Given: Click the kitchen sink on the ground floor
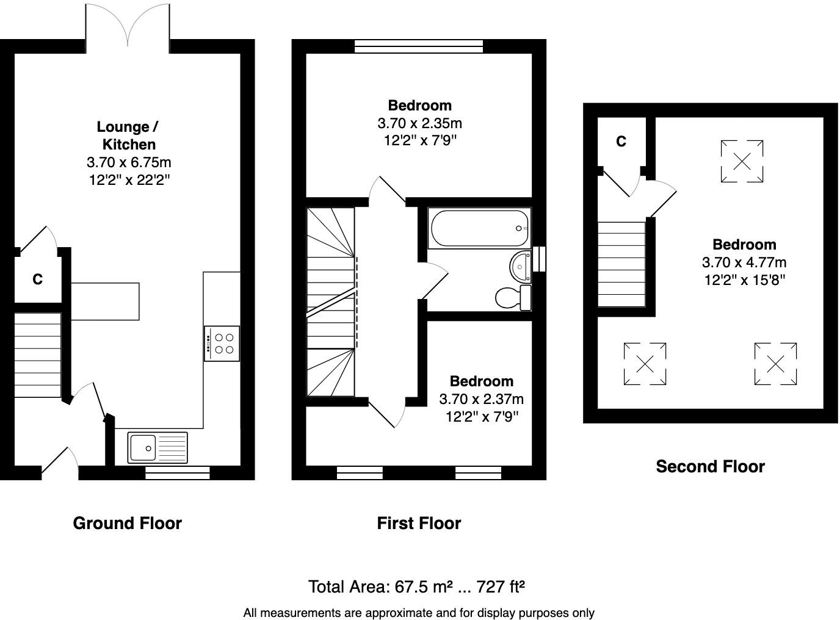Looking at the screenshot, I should point(157,447).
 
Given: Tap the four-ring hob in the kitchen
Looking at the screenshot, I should point(222,344).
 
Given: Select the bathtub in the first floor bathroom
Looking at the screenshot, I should point(479,229).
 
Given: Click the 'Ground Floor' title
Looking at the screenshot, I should point(127,523).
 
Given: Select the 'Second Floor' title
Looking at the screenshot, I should point(710,466).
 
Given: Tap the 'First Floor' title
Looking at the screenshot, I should point(419,523).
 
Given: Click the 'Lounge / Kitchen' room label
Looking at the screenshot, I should point(128,135).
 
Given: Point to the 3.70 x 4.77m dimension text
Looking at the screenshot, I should point(744,262).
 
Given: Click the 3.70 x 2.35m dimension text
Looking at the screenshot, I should point(420,123).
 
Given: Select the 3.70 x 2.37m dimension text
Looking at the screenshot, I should point(481,399).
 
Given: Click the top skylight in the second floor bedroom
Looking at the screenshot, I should point(742,161).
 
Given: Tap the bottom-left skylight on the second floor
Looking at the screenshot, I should point(645,364).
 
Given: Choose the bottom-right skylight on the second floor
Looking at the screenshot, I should point(775,364).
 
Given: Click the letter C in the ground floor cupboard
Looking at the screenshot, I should point(37,279).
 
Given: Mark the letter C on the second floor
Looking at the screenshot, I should point(621,142).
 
